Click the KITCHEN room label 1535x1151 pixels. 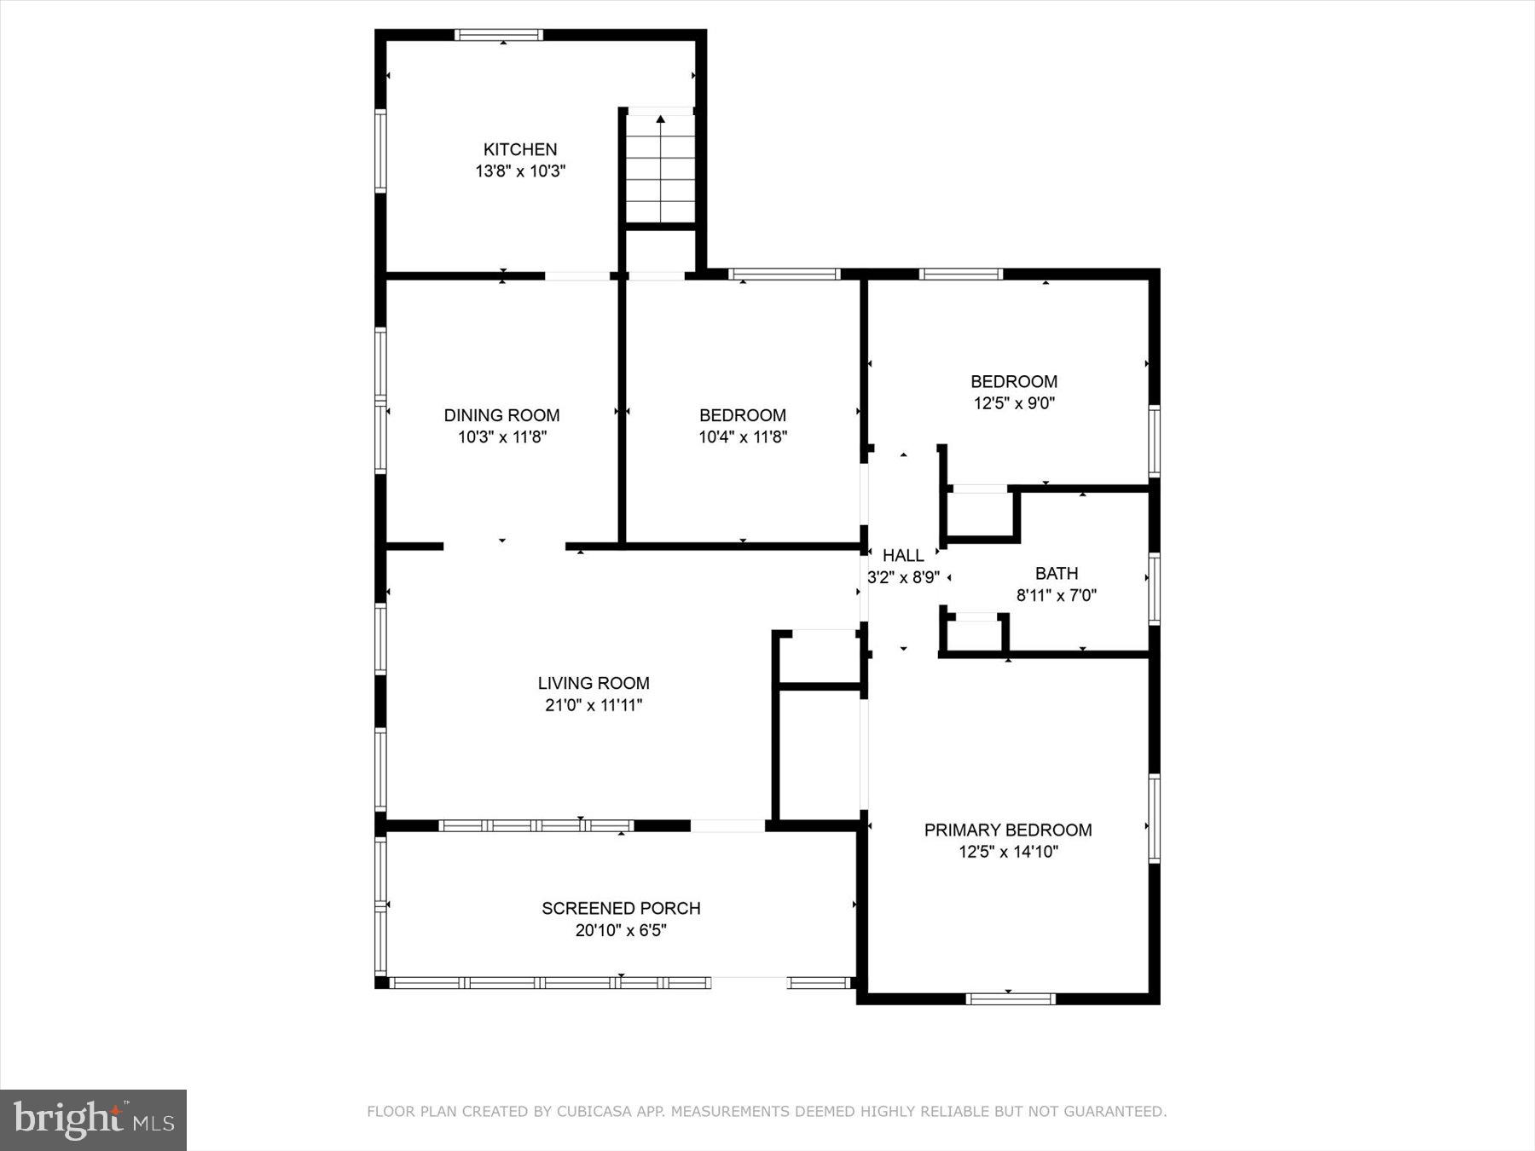point(520,149)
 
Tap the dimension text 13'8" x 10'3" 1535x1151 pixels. point(520,171)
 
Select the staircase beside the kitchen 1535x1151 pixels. point(660,168)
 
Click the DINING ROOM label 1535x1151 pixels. point(501,415)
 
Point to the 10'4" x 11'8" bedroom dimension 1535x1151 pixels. point(742,437)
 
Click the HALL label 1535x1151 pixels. point(903,555)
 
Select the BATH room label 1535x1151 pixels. point(1056,574)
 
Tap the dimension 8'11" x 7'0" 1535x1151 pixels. point(1056,595)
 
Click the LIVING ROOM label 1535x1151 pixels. point(594,683)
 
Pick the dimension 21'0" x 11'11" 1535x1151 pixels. point(594,705)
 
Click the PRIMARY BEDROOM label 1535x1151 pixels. point(1008,830)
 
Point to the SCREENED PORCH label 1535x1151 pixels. point(621,908)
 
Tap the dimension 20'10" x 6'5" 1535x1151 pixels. point(621,930)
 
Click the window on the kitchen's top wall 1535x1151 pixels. point(499,35)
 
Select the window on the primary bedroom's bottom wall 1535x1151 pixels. point(1010,998)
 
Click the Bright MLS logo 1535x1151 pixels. point(93,1119)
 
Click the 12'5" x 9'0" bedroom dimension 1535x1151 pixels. point(1014,403)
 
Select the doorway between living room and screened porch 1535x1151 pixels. point(727,825)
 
